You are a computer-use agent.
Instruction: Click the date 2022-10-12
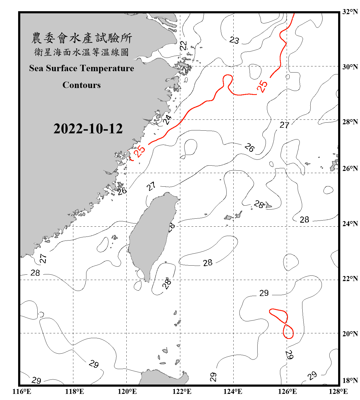coord(88,129)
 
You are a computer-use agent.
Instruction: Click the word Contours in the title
coord(81,85)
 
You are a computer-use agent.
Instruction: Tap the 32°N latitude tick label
coord(350,12)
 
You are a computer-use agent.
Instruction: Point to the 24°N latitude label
coord(350,224)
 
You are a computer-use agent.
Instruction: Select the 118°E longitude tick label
coord(74,391)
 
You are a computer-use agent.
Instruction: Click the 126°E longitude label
coord(287,391)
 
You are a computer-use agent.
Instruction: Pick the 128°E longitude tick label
coord(338,391)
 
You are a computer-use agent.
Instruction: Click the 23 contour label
coord(234,40)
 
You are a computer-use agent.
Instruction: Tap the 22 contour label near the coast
coord(183,46)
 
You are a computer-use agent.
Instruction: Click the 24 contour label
coord(167,119)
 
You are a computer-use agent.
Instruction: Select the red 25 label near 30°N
coord(262,86)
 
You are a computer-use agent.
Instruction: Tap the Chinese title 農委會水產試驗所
coord(82,38)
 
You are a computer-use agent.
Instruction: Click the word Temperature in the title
coord(107,68)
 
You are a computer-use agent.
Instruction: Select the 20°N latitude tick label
coord(350,334)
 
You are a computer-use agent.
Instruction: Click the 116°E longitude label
coord(22,391)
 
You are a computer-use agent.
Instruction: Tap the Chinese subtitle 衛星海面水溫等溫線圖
coord(81,52)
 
